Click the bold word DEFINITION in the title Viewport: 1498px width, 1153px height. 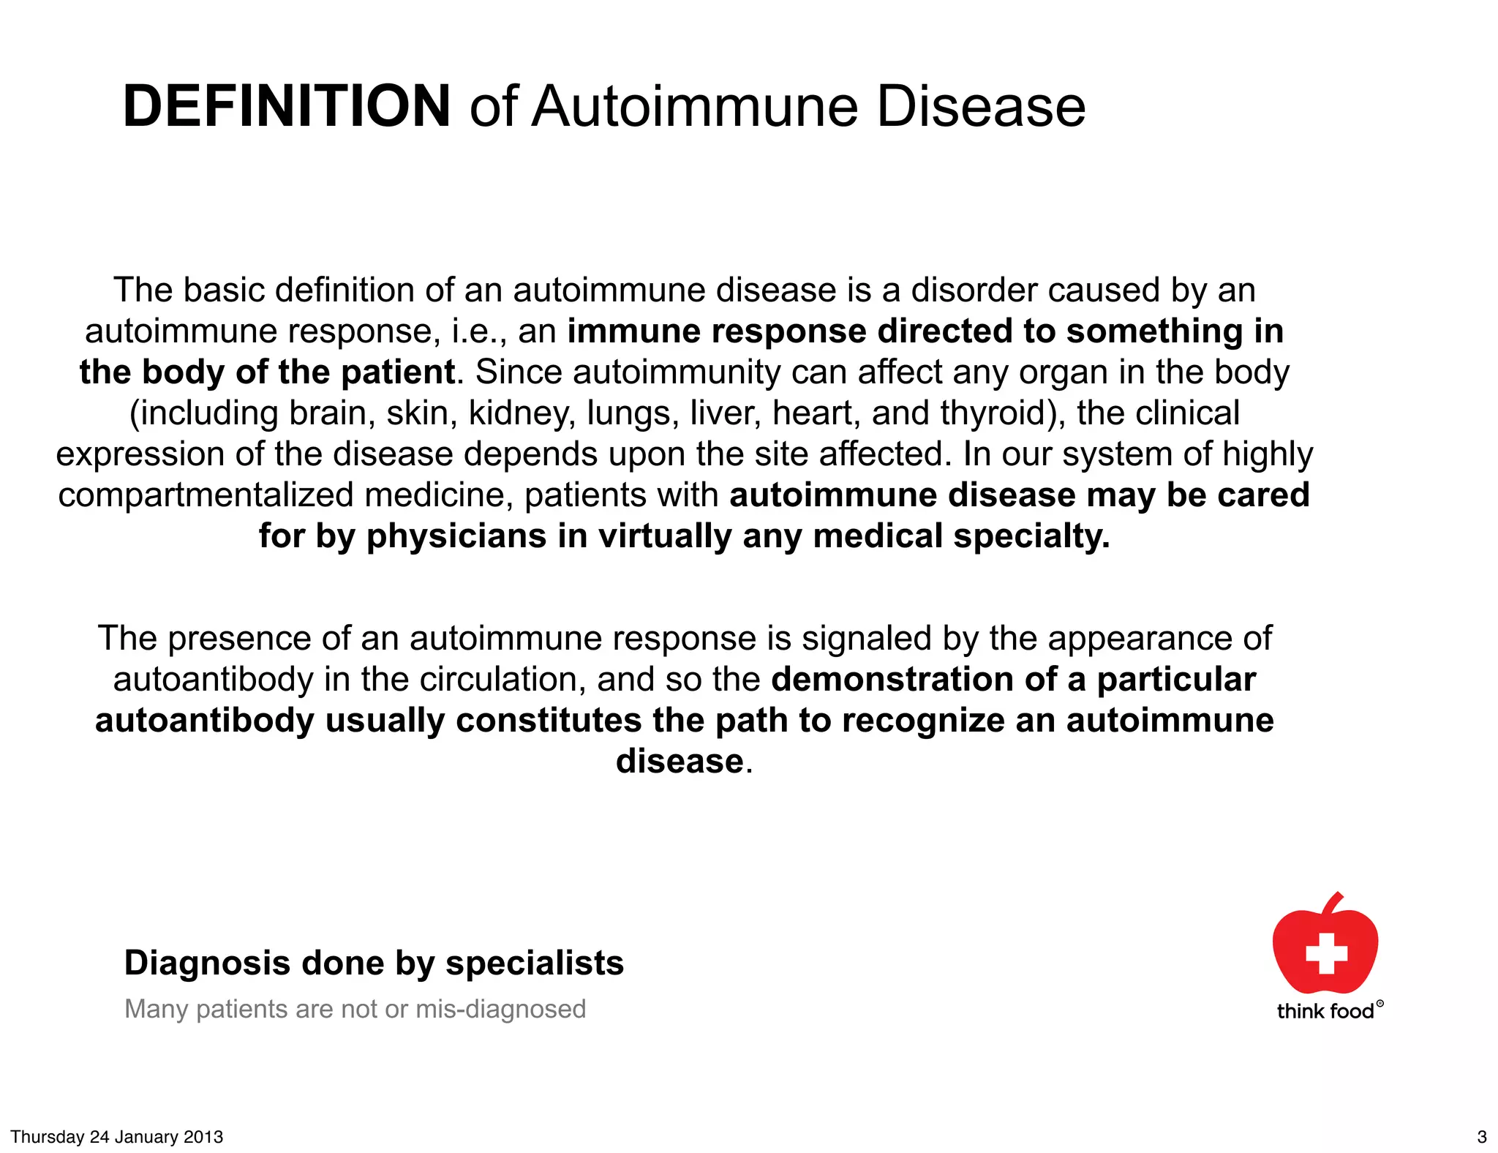point(287,107)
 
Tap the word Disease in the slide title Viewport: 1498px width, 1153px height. point(980,107)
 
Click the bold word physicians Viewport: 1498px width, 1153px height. point(456,536)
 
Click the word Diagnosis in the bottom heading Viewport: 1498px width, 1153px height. point(208,964)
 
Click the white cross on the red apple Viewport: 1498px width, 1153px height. point(1326,953)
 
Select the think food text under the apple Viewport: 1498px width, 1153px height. point(1325,1012)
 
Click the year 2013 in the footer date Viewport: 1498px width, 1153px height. point(203,1137)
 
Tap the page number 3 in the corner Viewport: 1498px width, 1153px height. point(1482,1137)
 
